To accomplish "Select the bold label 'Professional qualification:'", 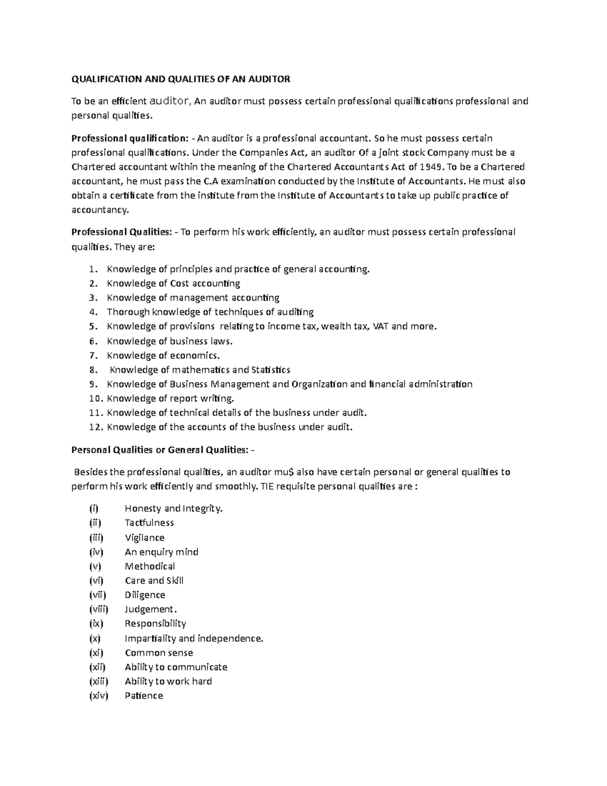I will (x=130, y=139).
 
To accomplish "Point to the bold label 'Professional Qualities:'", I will (x=122, y=232).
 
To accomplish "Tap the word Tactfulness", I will (x=149, y=523).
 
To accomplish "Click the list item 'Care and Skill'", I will (x=154, y=581).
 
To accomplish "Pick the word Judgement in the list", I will (x=149, y=609).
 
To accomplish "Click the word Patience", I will (x=144, y=696).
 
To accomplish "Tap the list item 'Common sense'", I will (x=159, y=653).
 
